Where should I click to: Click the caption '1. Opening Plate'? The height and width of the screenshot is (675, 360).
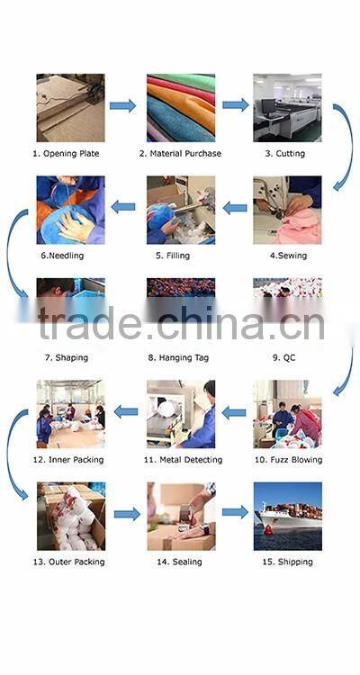pos(66,154)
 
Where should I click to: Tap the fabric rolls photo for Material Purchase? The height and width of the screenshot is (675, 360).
pos(181,108)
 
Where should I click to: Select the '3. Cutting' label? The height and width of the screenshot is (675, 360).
pos(285,154)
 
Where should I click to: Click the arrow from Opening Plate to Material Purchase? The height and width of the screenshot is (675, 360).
pos(122,105)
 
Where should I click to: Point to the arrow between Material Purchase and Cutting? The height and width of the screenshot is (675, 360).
pos(236,104)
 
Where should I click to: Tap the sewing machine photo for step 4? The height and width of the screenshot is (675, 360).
pos(287,210)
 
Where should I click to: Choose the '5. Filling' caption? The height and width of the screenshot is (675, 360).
pos(173,256)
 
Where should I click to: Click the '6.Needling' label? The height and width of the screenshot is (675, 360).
pos(62,256)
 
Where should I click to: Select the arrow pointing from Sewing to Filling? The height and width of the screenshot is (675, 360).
pos(235,209)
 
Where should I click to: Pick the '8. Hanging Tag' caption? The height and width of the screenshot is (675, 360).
pos(178,357)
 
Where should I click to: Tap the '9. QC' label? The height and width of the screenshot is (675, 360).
pos(284,357)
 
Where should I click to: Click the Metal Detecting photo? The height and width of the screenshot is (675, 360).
pos(181,414)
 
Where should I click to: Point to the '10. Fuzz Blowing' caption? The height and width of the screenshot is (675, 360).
pos(289,460)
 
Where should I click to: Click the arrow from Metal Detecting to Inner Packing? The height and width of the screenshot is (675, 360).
pos(126,412)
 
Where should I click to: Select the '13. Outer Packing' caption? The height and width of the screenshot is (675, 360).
pos(69,562)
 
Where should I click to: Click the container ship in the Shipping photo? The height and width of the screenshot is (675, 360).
pos(290,516)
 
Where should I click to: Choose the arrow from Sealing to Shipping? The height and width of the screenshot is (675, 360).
pos(235,512)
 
